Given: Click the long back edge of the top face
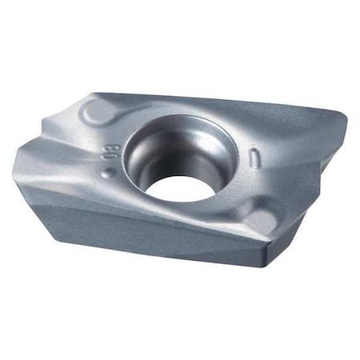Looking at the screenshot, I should tap(232, 99).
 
